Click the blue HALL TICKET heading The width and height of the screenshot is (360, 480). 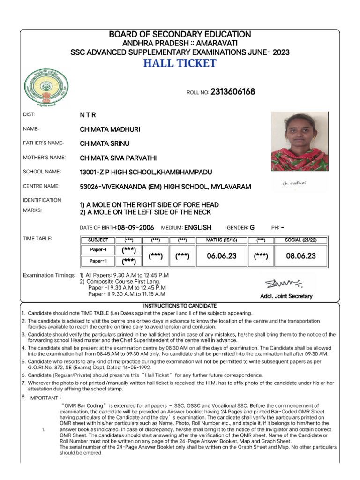click(x=180, y=63)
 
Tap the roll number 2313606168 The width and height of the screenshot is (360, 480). click(x=233, y=92)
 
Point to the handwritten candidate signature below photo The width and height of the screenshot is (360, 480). click(x=294, y=183)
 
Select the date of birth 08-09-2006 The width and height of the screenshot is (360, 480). click(x=135, y=228)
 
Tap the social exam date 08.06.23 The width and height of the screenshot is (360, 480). click(x=300, y=256)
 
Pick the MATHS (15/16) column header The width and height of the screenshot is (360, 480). click(x=222, y=240)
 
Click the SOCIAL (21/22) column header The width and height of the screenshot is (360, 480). click(x=300, y=240)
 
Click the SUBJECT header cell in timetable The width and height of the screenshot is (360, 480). click(x=98, y=240)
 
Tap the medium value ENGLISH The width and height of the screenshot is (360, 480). click(x=198, y=228)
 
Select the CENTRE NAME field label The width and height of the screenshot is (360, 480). click(x=41, y=186)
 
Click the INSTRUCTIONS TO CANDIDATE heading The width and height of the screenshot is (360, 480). click(x=180, y=305)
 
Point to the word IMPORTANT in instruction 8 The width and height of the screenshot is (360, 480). click(x=43, y=397)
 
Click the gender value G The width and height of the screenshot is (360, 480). click(x=252, y=228)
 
